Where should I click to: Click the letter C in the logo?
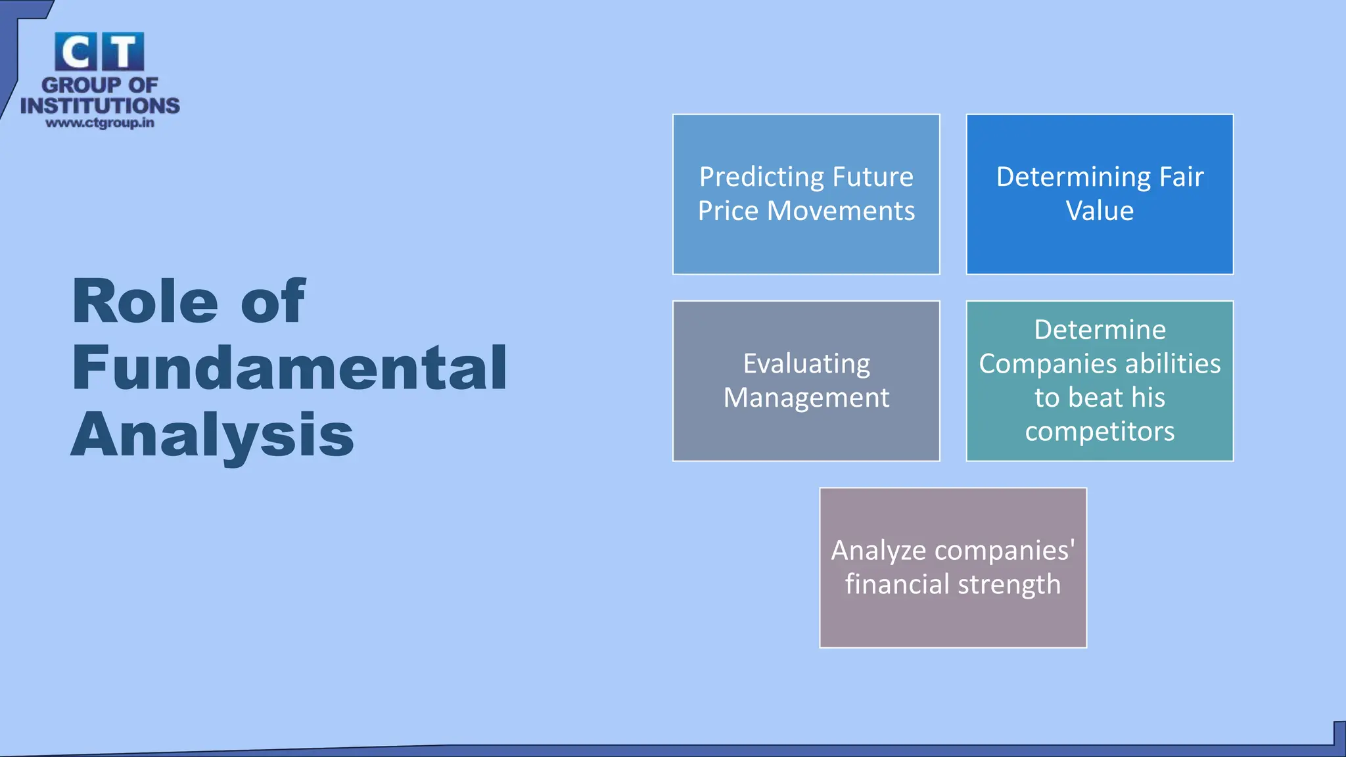pos(76,52)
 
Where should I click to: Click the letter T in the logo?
pos(123,52)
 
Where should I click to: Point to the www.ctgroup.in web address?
pos(100,123)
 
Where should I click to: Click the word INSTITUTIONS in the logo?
pos(100,106)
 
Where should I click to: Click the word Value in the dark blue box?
pos(1100,211)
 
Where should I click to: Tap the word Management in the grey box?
pos(806,398)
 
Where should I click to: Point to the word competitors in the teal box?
pos(1100,432)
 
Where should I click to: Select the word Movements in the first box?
pos(841,211)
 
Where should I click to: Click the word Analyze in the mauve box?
pos(878,551)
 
